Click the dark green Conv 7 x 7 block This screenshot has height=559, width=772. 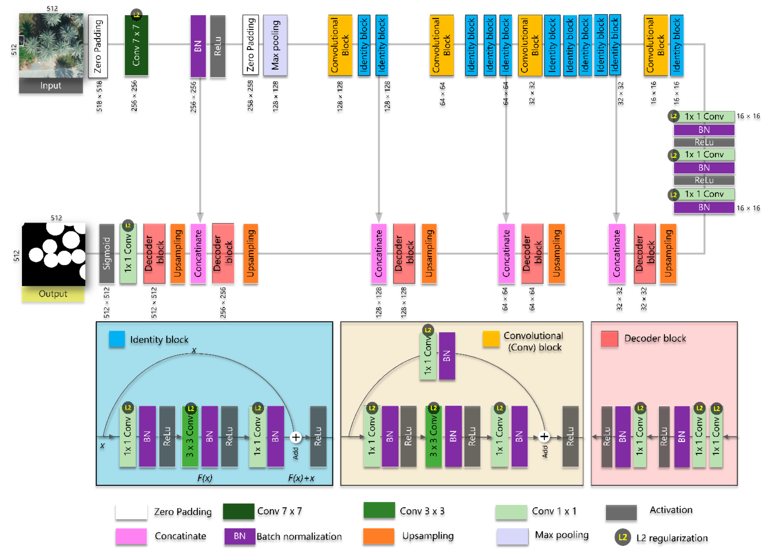[136, 45]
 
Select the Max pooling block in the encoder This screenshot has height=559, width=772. [275, 45]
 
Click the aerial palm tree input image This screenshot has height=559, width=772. [51, 45]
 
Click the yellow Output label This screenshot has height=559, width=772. [53, 294]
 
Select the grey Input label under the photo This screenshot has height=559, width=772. [51, 85]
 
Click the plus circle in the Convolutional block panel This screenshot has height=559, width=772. [544, 437]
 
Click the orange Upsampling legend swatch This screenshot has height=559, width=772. [379, 536]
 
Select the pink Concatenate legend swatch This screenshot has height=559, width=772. [131, 536]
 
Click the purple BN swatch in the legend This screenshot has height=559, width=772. [240, 536]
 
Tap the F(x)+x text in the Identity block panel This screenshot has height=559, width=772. [301, 478]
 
